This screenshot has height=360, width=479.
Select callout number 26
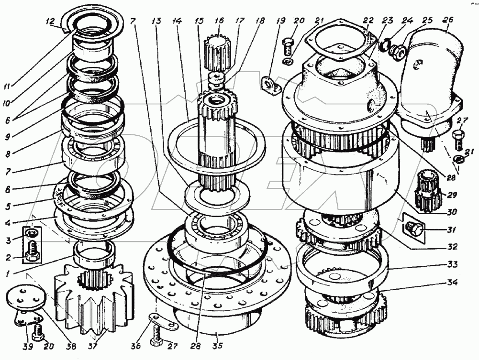click(x=448, y=21)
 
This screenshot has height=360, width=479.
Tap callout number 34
click(x=453, y=283)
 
